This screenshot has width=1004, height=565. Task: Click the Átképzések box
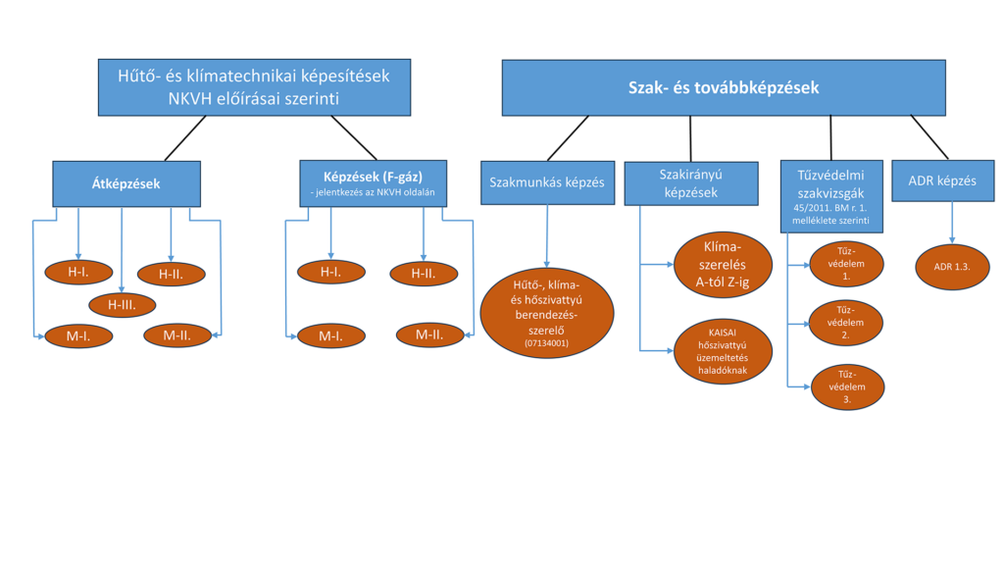[126, 183]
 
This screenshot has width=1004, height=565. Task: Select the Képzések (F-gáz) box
[374, 183]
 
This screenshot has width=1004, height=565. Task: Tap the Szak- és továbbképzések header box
[724, 87]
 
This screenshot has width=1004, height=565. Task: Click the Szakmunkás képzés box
[547, 182]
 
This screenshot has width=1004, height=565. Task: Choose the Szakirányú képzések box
[691, 183]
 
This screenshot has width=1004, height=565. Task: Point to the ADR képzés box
[943, 180]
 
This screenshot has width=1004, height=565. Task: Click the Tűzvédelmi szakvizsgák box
[831, 196]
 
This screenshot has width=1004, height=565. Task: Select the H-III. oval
[122, 305]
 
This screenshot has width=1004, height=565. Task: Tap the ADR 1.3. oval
[952, 267]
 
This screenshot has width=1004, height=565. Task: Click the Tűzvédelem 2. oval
[846, 323]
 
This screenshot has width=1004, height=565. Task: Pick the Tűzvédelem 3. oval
[847, 386]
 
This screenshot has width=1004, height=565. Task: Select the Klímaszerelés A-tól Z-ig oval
[723, 265]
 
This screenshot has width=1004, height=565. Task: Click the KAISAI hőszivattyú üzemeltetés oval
[723, 351]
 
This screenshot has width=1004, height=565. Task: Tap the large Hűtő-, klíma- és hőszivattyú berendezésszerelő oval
[547, 313]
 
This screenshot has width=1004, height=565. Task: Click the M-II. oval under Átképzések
[177, 335]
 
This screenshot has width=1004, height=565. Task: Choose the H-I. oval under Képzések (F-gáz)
[331, 272]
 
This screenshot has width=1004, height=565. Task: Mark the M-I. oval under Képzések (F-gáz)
[331, 335]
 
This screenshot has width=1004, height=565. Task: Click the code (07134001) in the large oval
[546, 343]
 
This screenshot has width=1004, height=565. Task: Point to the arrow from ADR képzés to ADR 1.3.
[952, 223]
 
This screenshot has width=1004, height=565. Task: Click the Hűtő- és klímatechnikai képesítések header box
[254, 87]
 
